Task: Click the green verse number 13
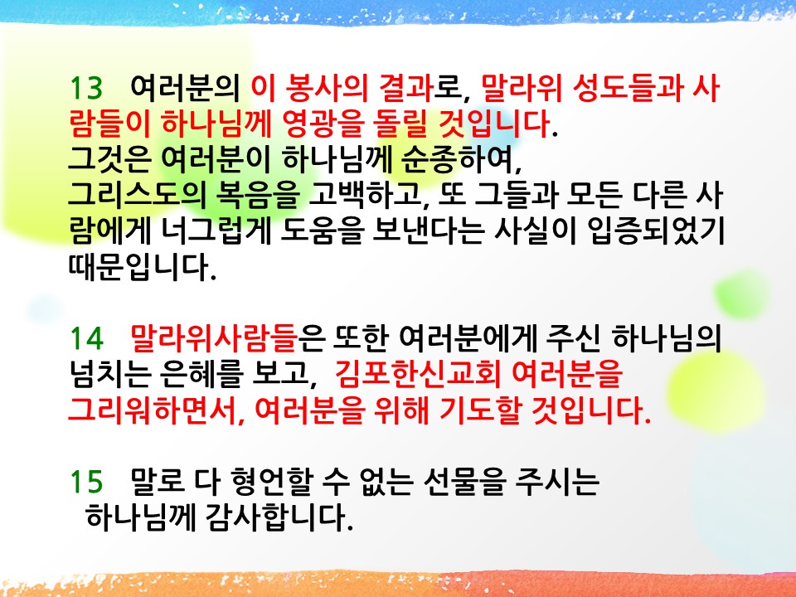click(x=86, y=87)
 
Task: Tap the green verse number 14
click(x=87, y=338)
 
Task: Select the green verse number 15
click(x=86, y=481)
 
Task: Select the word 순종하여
click(x=461, y=159)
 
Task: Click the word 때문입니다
click(x=143, y=266)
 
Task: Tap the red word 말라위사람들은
click(x=227, y=338)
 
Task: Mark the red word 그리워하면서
click(x=153, y=410)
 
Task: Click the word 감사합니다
click(x=279, y=517)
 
